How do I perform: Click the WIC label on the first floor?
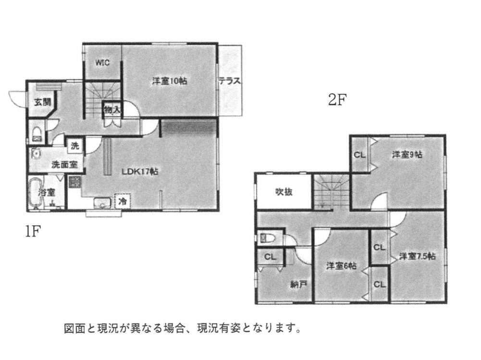[x=102, y=62]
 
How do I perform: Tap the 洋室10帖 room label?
[x=170, y=81]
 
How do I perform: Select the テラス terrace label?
[x=230, y=81]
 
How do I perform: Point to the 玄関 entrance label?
[x=42, y=102]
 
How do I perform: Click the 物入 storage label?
[x=112, y=110]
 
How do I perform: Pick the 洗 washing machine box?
[x=74, y=146]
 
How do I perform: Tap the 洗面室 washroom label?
[x=64, y=165]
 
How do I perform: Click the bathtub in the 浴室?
[x=35, y=192]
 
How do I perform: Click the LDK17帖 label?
[x=140, y=172]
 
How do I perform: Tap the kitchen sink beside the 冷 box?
[x=103, y=203]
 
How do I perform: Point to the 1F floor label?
[x=33, y=231]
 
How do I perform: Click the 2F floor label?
[x=337, y=100]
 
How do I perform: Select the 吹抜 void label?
[x=284, y=192]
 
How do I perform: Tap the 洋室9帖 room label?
[x=407, y=154]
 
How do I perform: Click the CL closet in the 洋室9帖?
[x=360, y=155]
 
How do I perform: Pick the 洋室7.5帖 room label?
[x=417, y=256]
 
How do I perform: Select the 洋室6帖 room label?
[x=341, y=266]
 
